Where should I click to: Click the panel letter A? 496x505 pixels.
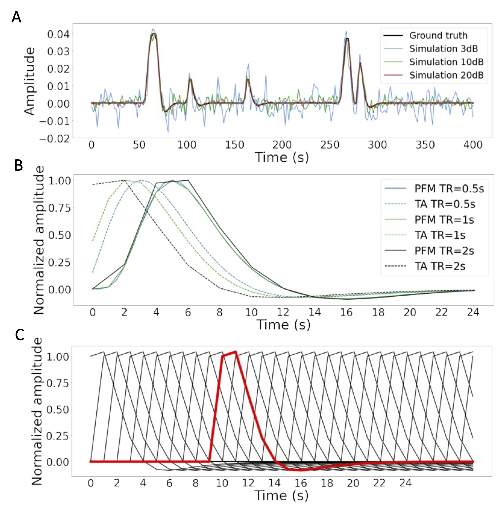(16, 17)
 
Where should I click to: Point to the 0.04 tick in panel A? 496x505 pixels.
(58, 34)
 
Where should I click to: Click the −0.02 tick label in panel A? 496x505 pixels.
(54, 138)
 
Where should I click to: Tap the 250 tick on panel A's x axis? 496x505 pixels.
(330, 145)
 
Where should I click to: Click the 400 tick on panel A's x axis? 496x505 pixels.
(473, 145)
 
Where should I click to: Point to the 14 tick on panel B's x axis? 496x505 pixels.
(315, 312)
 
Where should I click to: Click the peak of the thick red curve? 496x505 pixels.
(236, 352)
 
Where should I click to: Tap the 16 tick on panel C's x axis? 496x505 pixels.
(301, 483)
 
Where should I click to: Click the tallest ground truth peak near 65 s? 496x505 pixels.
(154, 33)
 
